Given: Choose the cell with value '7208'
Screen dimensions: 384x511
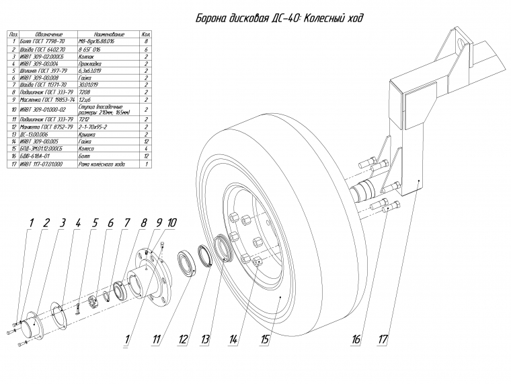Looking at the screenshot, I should pos(87,92).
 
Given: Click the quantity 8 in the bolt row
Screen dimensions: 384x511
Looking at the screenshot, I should pos(145,42).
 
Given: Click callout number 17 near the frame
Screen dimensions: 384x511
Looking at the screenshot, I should pos(383,341).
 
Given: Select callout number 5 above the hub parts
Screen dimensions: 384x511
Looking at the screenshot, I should pos(95,222).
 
